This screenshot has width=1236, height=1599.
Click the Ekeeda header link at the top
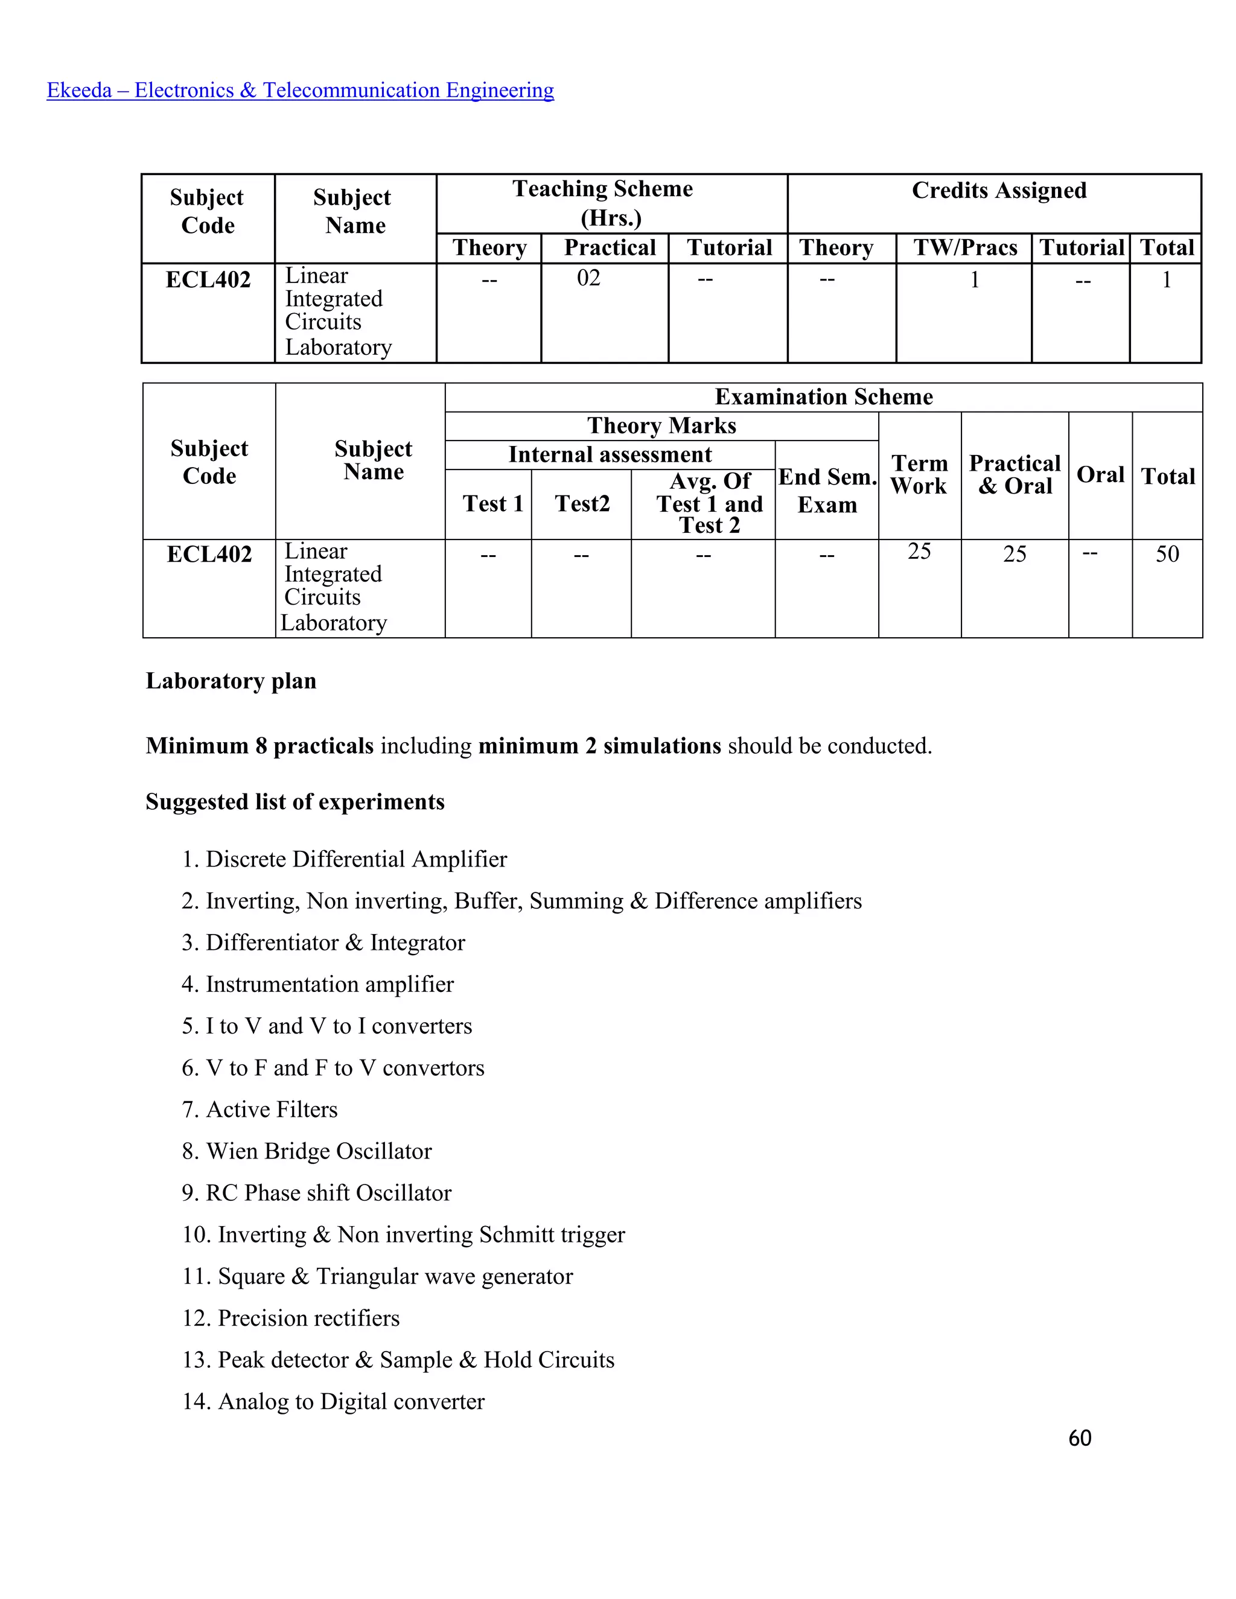point(300,90)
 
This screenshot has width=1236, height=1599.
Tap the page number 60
point(1079,1438)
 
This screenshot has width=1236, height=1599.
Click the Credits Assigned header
point(999,190)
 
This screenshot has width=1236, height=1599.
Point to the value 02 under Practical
point(588,278)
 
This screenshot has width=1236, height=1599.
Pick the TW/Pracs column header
point(965,247)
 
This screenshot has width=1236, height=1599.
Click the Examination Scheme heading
point(824,397)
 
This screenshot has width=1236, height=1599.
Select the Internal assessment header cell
point(610,455)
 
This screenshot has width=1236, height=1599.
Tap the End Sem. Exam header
point(827,491)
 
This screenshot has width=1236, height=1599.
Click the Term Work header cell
point(920,474)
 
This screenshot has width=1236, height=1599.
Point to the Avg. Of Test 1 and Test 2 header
point(710,503)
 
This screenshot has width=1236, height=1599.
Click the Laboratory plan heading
point(231,681)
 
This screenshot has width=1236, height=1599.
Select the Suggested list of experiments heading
point(295,802)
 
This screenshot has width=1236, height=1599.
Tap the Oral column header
point(1100,474)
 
